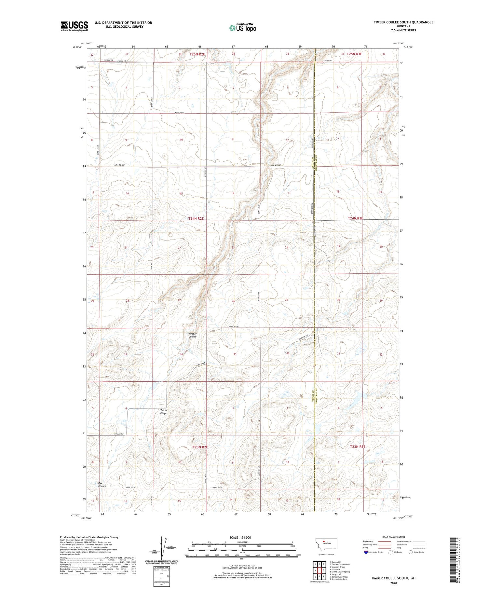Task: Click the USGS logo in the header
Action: coord(74,26)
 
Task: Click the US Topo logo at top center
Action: coord(242,28)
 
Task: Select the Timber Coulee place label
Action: coord(192,335)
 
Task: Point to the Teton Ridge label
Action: coord(163,412)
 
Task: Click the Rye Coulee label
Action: coord(102,485)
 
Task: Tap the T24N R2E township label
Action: coord(196,219)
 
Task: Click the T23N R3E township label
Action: coord(358,446)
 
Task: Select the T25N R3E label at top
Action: coord(354,54)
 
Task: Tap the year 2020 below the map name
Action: coord(394,583)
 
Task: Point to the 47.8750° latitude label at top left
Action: coord(77,47)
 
